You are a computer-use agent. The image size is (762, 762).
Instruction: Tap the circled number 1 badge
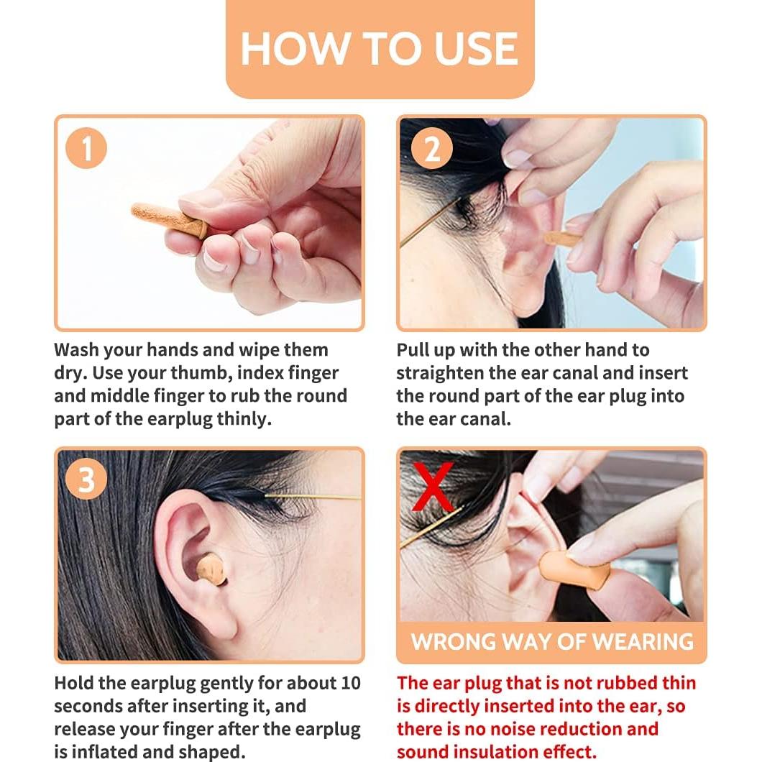[x=86, y=148]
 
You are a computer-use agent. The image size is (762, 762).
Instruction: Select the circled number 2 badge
[x=432, y=148]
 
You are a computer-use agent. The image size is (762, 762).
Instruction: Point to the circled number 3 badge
[x=86, y=479]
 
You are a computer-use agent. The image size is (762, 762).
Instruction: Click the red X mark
[x=433, y=487]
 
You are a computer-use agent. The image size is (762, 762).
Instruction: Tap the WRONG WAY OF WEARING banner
[x=552, y=641]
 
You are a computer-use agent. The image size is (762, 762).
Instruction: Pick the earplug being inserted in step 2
[x=561, y=239]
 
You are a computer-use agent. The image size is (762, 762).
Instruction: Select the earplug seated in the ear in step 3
[x=211, y=569]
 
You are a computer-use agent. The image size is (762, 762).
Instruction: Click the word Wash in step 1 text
[x=76, y=350]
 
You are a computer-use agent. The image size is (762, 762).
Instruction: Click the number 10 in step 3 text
[x=350, y=683]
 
